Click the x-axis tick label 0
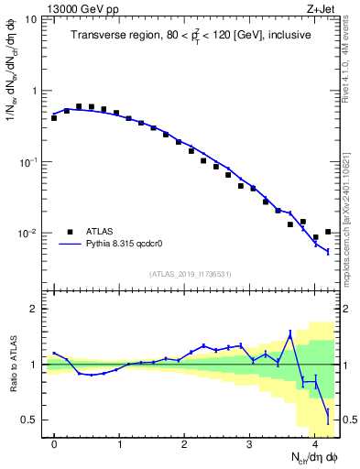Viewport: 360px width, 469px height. pos(54,444)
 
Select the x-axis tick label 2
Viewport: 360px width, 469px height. pos(184,444)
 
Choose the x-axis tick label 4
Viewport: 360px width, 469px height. pos(314,444)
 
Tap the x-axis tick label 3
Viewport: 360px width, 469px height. pos(249,444)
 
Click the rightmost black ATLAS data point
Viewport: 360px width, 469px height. pos(328,232)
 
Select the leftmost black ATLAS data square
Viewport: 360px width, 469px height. pos(54,118)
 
